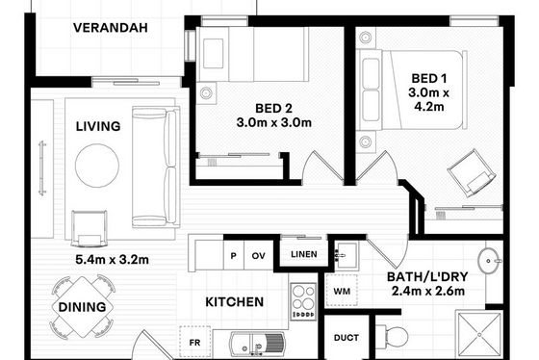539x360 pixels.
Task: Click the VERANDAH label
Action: pyautogui.click(x=111, y=28)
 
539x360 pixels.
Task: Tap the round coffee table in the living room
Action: pyautogui.click(x=97, y=166)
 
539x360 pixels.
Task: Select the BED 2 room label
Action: pyautogui.click(x=273, y=109)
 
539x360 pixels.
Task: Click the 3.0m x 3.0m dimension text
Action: pyautogui.click(x=274, y=122)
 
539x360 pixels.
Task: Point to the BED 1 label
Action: pyautogui.click(x=429, y=78)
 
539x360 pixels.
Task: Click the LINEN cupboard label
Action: pyautogui.click(x=304, y=254)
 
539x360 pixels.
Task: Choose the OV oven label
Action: pyautogui.click(x=259, y=256)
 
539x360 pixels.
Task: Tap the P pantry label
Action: pyautogui.click(x=233, y=256)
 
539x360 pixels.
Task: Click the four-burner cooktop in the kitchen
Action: pyautogui.click(x=303, y=301)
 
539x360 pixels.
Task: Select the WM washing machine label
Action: pyautogui.click(x=342, y=292)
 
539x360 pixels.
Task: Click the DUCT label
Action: pyautogui.click(x=346, y=338)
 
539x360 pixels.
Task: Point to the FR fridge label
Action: pyautogui.click(x=194, y=343)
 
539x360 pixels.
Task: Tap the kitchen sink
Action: pyautogui.click(x=257, y=345)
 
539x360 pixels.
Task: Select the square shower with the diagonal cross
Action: pyautogui.click(x=479, y=334)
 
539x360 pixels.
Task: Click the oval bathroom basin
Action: pyautogui.click(x=489, y=261)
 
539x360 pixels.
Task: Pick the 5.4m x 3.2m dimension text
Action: pyautogui.click(x=112, y=260)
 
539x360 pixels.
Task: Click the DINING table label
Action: pyautogui.click(x=82, y=307)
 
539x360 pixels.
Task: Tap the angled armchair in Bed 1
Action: pyautogui.click(x=472, y=173)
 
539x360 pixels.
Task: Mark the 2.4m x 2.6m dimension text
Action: pyautogui.click(x=428, y=292)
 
